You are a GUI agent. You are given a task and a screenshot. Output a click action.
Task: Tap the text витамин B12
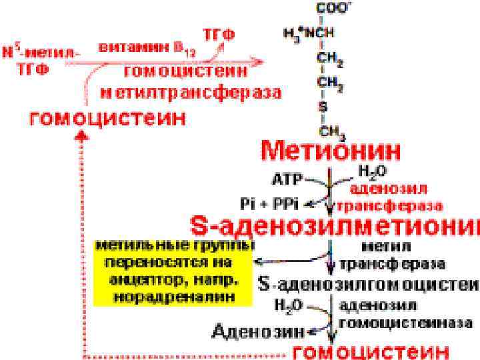[142, 48]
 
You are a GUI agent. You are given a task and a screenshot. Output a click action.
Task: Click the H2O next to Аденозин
[287, 305]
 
